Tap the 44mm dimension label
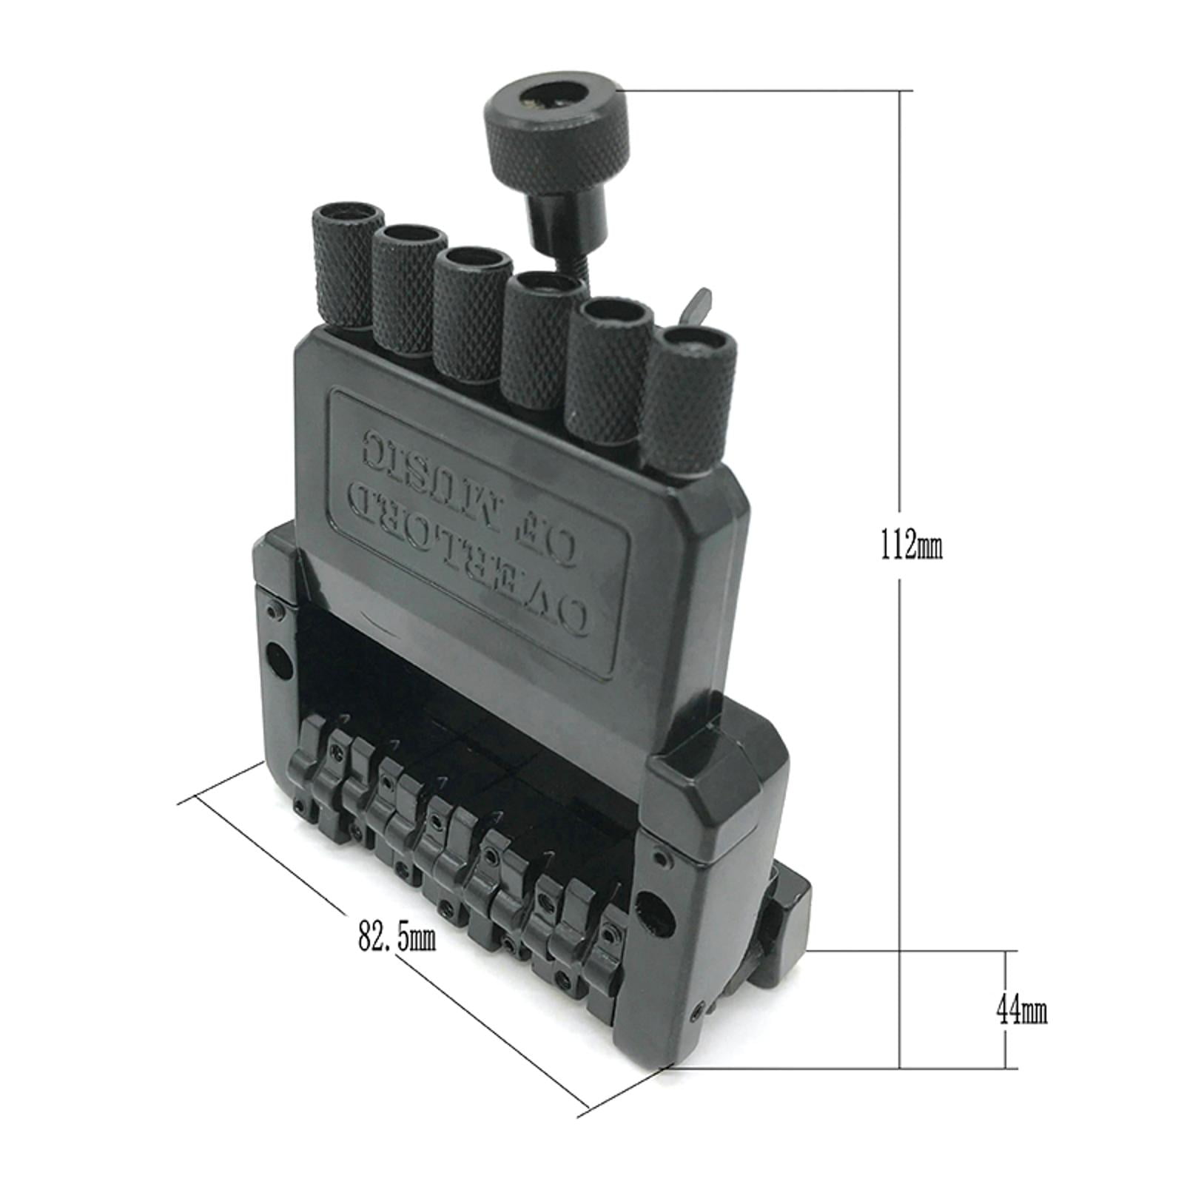pos(1021,1009)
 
